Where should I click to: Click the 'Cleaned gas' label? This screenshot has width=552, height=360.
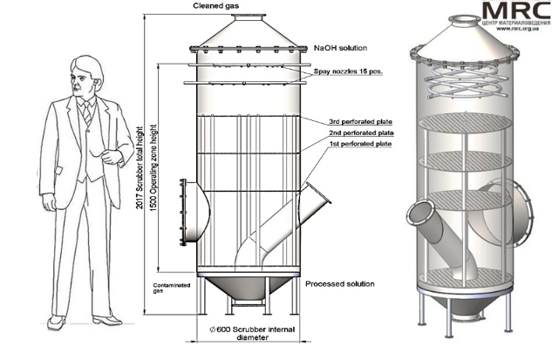[x=218, y=7]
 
